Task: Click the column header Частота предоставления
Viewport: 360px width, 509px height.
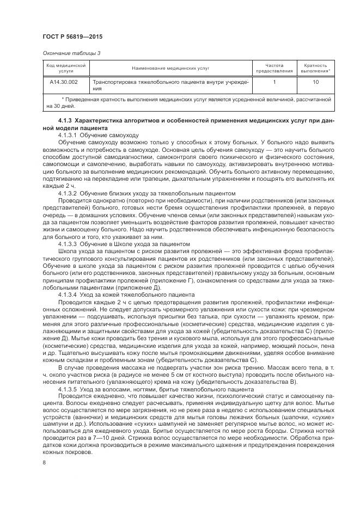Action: tap(274, 68)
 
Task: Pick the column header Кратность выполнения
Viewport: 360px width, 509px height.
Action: tap(315, 68)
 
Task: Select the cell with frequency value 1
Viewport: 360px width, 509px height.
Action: tap(274, 82)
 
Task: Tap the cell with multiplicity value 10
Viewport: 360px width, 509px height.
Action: tap(315, 82)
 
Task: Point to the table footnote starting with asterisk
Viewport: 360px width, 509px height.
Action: tap(188, 103)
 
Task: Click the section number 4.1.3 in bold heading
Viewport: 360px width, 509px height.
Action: tap(65, 120)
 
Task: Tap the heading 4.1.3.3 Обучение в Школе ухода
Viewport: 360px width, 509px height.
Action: tap(124, 244)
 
